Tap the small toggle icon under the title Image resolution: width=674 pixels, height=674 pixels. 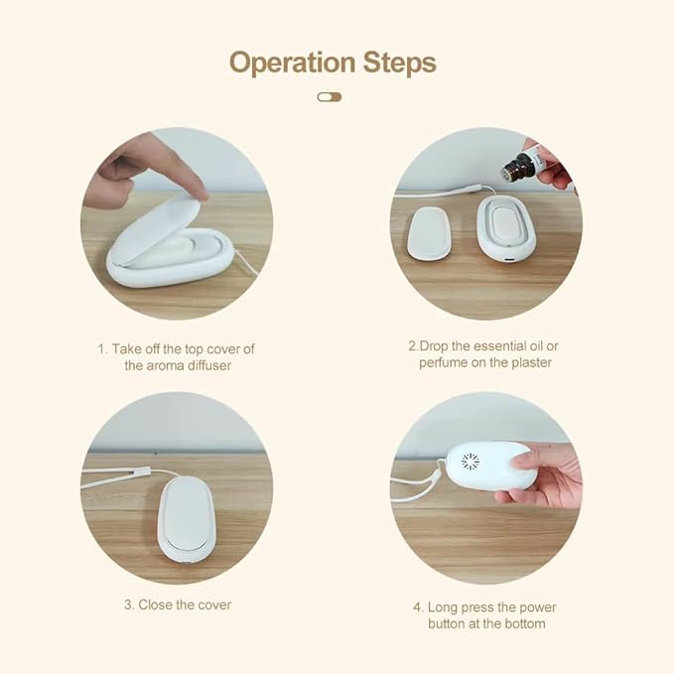(x=330, y=97)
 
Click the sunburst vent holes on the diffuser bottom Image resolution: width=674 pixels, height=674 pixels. (x=469, y=462)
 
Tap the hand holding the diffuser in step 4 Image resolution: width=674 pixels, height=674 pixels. (x=543, y=475)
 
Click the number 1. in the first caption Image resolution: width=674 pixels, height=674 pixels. (x=102, y=348)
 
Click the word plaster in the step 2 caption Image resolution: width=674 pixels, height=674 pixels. (x=527, y=362)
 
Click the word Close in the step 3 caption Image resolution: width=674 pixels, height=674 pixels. (x=156, y=605)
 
